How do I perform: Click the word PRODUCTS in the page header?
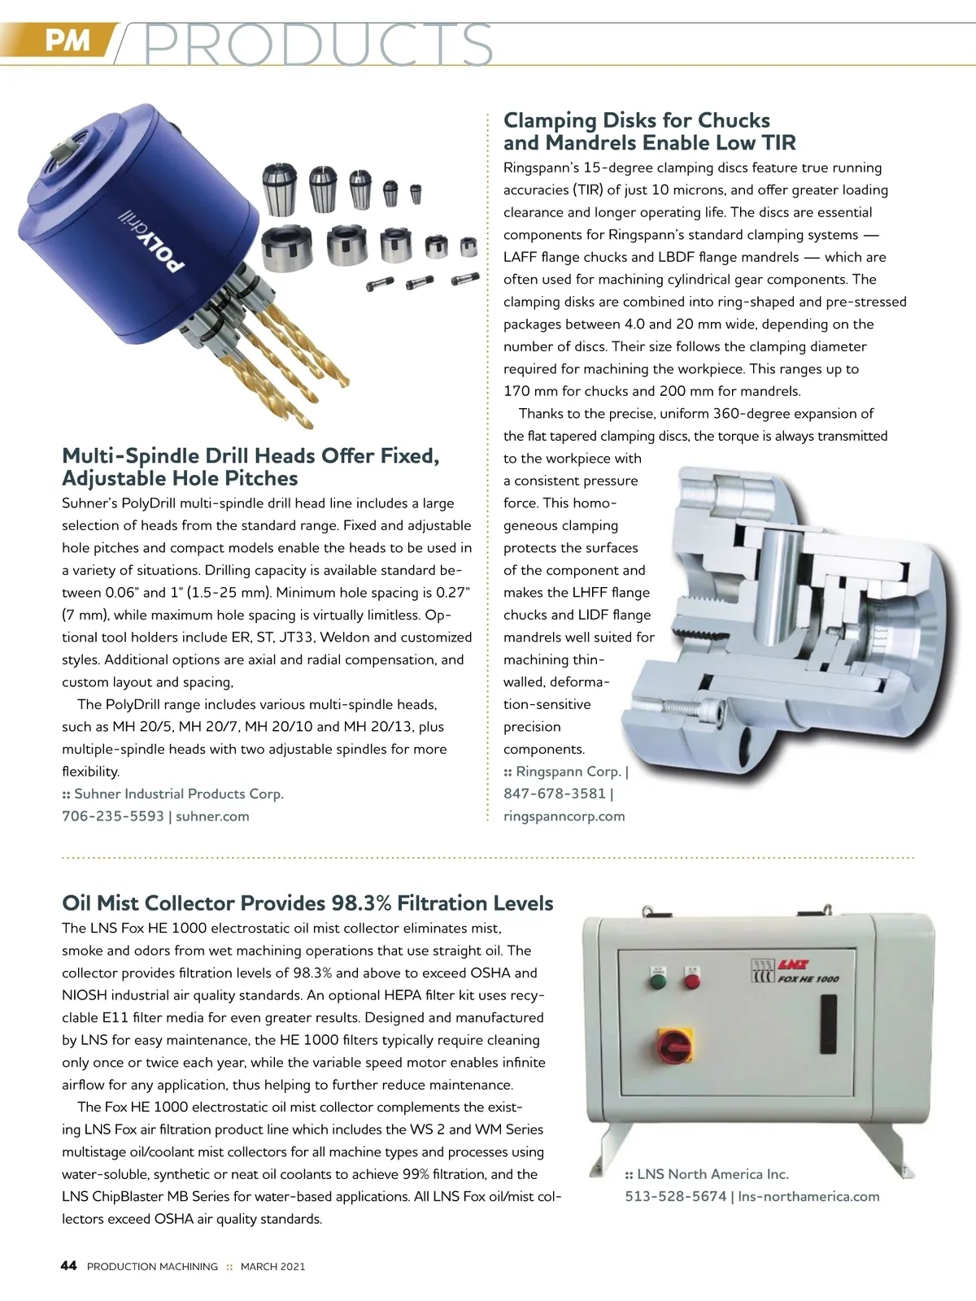[317, 44]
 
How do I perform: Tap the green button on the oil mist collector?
[656, 981]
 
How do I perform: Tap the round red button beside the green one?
[692, 981]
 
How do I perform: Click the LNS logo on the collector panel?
[787, 964]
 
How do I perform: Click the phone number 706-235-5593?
[113, 816]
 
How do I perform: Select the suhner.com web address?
[212, 816]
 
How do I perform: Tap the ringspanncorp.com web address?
[564, 816]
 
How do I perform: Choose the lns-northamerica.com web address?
[809, 1197]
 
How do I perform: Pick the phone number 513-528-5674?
[675, 1197]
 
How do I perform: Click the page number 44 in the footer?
[69, 1266]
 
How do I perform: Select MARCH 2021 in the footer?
[272, 1267]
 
